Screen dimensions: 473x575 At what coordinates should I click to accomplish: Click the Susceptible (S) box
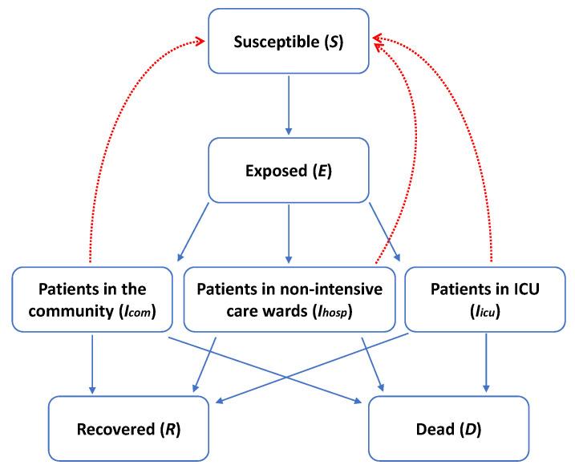(290, 42)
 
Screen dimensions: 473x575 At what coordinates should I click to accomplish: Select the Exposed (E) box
(290, 170)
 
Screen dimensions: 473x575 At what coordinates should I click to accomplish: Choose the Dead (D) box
(449, 428)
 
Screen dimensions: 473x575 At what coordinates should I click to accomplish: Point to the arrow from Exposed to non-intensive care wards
(290, 232)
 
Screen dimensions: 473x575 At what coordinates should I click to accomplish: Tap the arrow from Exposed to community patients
(193, 232)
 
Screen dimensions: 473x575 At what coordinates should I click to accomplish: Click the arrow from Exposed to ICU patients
(385, 232)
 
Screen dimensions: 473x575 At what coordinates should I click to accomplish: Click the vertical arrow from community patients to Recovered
(93, 361)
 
